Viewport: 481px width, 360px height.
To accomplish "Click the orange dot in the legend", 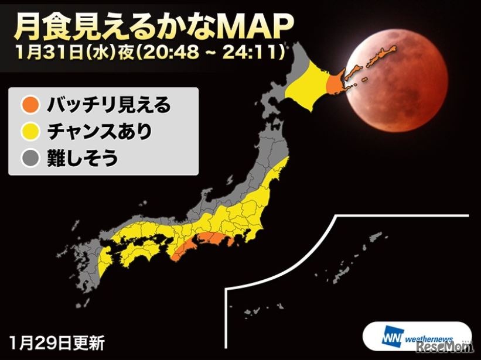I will [x=30, y=106].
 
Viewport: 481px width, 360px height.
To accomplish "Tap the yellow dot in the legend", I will [x=30, y=132].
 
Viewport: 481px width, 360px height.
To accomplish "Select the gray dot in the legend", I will [x=30, y=157].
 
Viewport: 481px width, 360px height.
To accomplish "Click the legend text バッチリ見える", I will [x=108, y=106].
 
